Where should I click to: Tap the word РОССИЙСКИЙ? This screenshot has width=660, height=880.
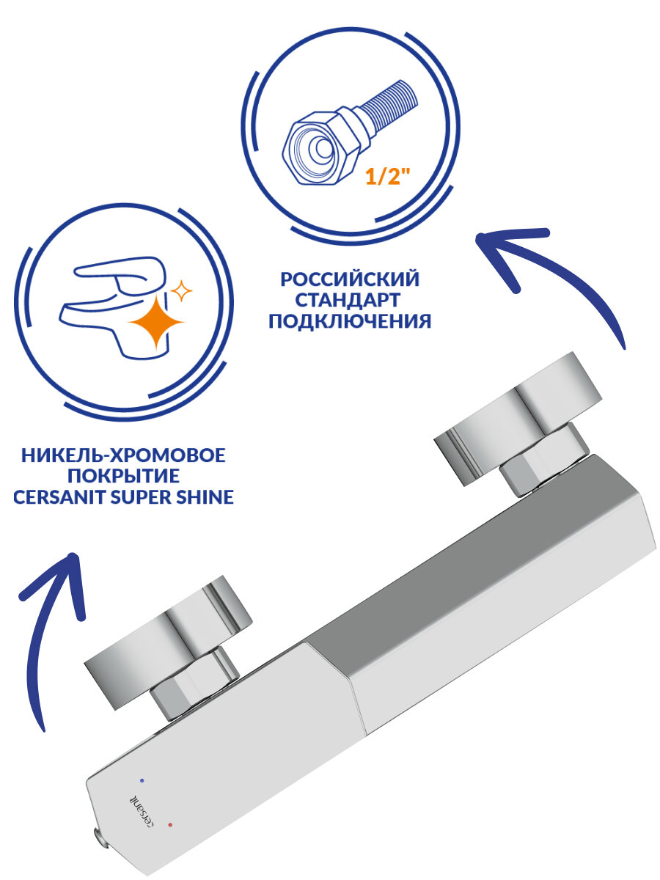pyautogui.click(x=349, y=279)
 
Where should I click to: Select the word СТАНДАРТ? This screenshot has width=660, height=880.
pyautogui.click(x=349, y=301)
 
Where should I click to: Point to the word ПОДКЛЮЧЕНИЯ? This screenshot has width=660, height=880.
pyautogui.click(x=349, y=322)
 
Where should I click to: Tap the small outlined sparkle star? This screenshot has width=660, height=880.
pyautogui.click(x=180, y=292)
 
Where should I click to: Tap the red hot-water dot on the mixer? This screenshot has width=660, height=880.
pyautogui.click(x=171, y=826)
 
